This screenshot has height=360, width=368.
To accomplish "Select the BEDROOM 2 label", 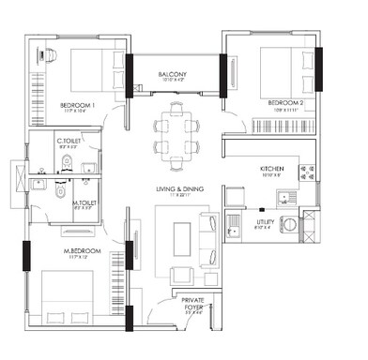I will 286,102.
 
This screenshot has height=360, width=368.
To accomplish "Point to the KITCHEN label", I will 272,169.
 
